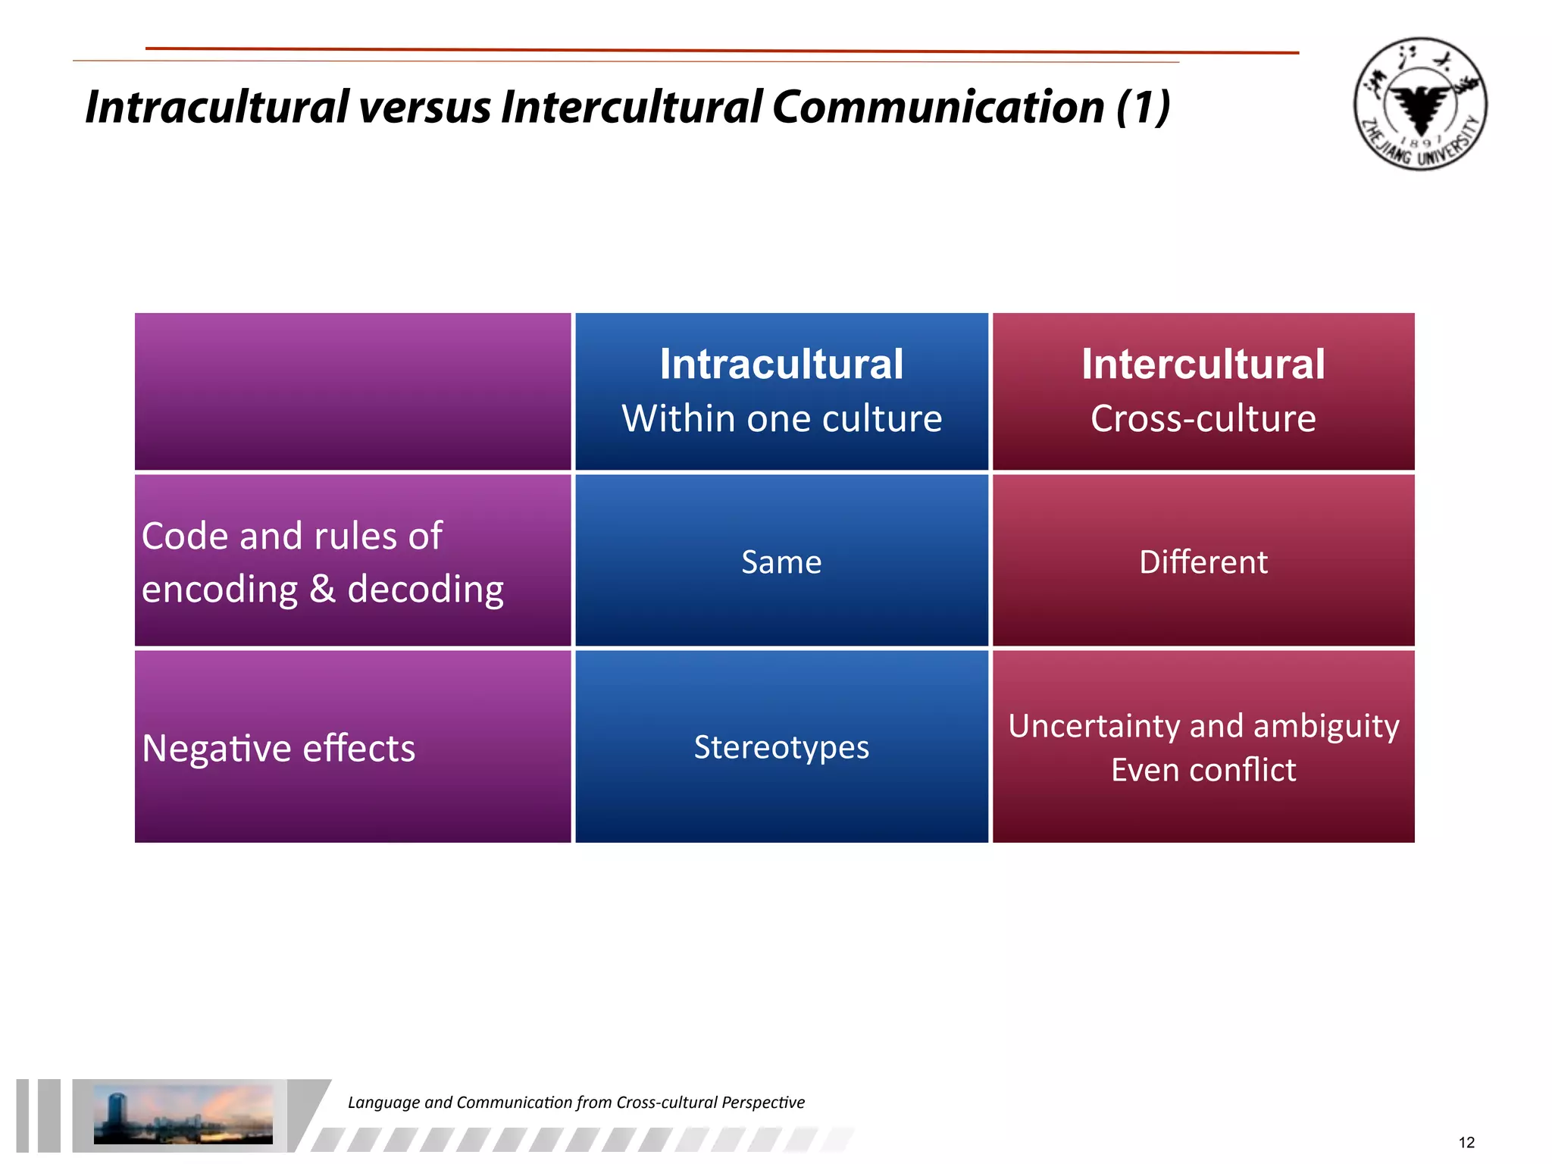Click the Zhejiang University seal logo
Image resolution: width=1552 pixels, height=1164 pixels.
pos(1420,104)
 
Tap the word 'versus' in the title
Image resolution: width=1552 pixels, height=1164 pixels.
pos(424,107)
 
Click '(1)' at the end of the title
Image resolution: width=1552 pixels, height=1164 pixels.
pos(1144,107)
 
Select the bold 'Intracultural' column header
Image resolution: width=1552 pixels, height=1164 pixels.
pos(781,364)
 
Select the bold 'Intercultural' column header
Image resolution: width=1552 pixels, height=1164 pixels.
pos(1203,364)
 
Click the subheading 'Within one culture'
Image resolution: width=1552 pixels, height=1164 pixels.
pos(781,418)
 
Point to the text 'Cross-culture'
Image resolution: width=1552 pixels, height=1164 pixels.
pos(1203,418)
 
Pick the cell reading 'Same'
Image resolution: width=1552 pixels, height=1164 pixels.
pos(781,562)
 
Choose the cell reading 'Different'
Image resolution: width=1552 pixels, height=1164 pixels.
pos(1203,562)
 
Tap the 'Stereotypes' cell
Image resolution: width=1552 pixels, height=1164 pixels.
pos(781,747)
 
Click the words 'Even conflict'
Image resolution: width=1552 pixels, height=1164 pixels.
pos(1203,770)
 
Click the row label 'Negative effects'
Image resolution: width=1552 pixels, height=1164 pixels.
pos(278,749)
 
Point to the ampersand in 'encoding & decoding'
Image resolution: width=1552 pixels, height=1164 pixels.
pos(323,590)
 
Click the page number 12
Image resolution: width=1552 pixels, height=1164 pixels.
pos(1466,1143)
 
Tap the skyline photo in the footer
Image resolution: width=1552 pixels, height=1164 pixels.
pos(183,1114)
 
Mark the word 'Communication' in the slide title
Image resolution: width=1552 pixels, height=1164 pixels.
pos(937,107)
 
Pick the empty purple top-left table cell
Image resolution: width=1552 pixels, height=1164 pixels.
pos(352,391)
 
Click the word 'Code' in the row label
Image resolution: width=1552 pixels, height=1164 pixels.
pos(185,537)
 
